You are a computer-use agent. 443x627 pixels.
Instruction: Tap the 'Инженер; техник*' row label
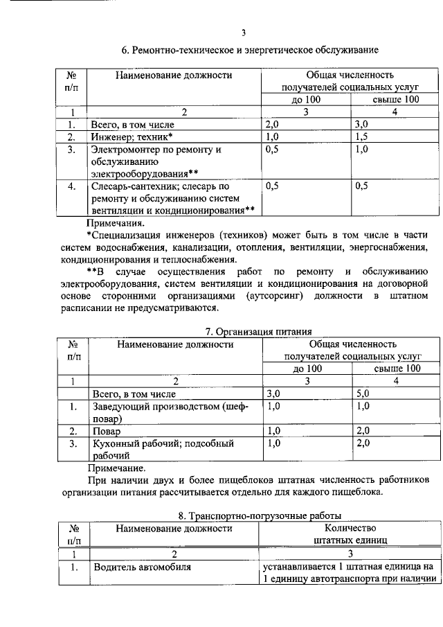pos(132,137)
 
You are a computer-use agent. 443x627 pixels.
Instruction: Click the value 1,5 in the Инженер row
pos(363,137)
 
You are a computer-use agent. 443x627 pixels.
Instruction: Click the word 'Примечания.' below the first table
pos(116,223)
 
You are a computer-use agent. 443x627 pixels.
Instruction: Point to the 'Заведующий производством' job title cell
pos(170,412)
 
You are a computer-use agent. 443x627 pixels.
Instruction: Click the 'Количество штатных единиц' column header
pos(350,533)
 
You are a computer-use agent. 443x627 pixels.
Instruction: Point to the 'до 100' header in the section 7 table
pos(307,369)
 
